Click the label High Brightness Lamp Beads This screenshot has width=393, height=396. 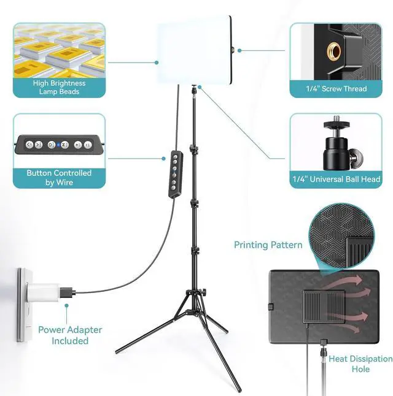[x=60, y=88]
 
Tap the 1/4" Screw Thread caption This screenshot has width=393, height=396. [x=336, y=89]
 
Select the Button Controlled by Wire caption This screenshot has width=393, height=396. [x=59, y=177]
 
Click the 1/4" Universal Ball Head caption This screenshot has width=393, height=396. [x=336, y=180]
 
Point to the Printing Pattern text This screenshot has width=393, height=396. [x=268, y=245]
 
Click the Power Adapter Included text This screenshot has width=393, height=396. [x=70, y=335]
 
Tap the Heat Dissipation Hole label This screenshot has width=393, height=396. [x=360, y=364]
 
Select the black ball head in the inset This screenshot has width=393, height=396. [x=337, y=147]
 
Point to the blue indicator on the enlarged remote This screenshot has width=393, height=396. [x=58, y=145]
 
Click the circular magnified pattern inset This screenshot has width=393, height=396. [x=342, y=235]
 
